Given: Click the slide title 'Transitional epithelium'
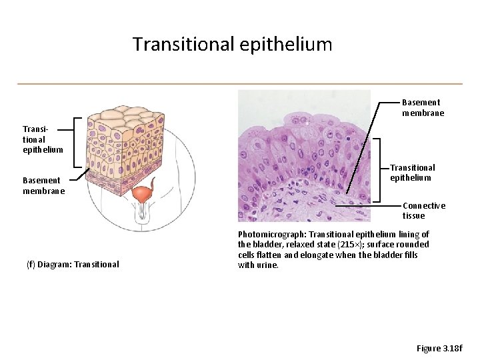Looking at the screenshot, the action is coord(232,45).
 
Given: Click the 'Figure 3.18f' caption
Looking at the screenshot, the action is coord(439,348).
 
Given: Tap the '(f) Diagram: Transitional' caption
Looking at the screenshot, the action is coord(73,264).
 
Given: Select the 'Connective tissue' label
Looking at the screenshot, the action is coord(423,211).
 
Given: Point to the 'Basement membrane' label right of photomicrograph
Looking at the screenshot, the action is coord(423,107).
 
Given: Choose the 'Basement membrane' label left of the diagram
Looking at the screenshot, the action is coord(43,185).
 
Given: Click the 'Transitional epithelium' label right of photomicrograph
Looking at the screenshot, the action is coord(412,173).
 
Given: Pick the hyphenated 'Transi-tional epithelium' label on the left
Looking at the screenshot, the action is coord(43,139).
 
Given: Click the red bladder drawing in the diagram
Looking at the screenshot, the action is coord(142,195).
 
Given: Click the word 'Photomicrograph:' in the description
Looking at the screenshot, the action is coord(266,235).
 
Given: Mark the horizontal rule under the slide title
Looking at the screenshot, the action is coord(239,83).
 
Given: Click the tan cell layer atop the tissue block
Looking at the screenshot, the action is coord(130,115).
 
